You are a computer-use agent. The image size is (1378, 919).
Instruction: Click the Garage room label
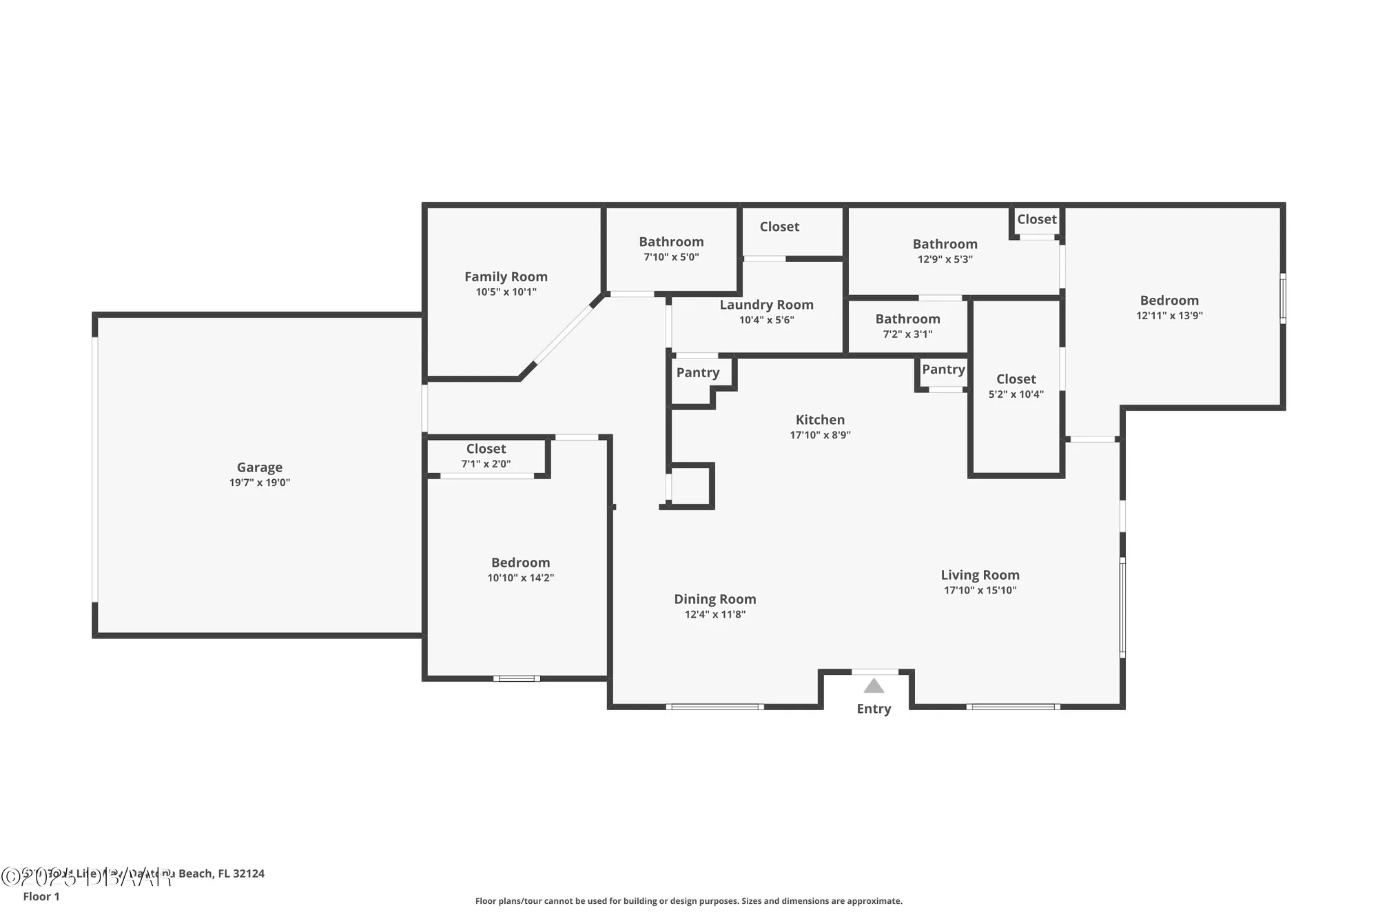pyautogui.click(x=259, y=467)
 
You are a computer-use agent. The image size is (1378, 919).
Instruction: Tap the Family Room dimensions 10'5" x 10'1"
pyautogui.click(x=506, y=292)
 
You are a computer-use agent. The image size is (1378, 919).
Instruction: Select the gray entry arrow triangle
pyautogui.click(x=874, y=686)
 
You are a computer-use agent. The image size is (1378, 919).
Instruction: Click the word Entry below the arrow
pyautogui.click(x=874, y=709)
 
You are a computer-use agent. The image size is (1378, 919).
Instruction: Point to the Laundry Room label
pyautogui.click(x=766, y=305)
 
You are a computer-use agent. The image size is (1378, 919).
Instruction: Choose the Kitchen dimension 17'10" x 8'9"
pyautogui.click(x=820, y=435)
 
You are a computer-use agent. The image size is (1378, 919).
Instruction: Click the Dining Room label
pyautogui.click(x=714, y=599)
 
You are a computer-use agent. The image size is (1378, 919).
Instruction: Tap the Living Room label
pyautogui.click(x=980, y=575)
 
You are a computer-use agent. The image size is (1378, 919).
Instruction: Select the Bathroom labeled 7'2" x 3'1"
pyautogui.click(x=907, y=319)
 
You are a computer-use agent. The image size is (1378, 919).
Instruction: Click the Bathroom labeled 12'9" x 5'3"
pyautogui.click(x=945, y=244)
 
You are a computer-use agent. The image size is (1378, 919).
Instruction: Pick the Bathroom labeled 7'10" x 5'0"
pyautogui.click(x=671, y=242)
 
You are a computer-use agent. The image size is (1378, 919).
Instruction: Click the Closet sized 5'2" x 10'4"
pyautogui.click(x=1016, y=379)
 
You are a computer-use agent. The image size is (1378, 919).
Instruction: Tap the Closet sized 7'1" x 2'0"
pyautogui.click(x=486, y=449)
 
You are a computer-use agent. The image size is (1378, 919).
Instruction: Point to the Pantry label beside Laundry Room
pyautogui.click(x=697, y=373)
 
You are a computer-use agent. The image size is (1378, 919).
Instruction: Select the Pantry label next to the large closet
pyautogui.click(x=943, y=370)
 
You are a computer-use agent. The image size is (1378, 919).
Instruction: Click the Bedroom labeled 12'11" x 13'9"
pyautogui.click(x=1169, y=301)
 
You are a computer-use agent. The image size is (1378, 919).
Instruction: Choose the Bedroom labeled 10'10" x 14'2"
pyautogui.click(x=520, y=563)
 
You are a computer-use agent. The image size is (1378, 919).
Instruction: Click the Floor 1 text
pyautogui.click(x=41, y=896)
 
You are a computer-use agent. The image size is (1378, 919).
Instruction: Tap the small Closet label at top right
pyautogui.click(x=1036, y=219)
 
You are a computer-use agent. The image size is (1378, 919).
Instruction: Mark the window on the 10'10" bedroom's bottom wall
pyautogui.click(x=517, y=678)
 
